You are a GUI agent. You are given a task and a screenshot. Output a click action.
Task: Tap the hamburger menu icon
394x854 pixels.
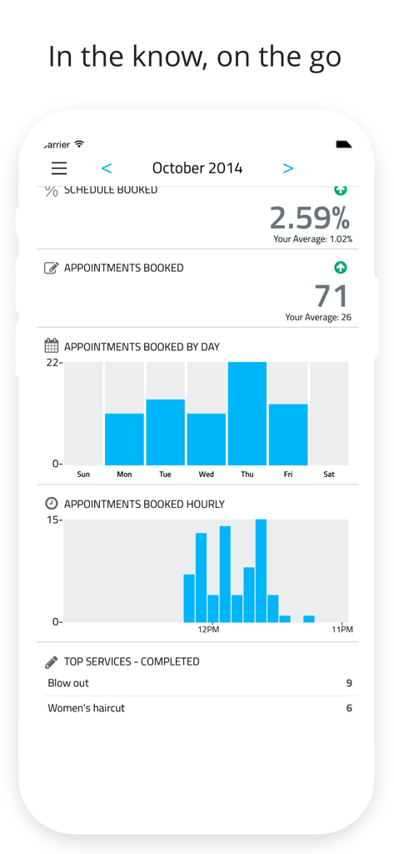click(59, 168)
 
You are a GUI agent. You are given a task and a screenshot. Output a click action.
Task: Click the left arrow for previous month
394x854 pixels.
click(107, 168)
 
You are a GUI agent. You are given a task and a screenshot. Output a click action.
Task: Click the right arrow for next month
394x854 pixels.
click(288, 168)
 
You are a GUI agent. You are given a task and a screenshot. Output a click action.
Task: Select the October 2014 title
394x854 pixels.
click(197, 168)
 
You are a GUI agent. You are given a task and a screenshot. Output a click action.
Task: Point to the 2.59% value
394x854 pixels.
click(309, 219)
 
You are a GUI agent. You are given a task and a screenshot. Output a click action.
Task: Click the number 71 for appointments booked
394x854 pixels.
click(332, 296)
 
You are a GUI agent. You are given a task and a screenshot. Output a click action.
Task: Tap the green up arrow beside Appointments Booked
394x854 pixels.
click(340, 268)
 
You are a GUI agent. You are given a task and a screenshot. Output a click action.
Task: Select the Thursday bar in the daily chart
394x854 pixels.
click(247, 413)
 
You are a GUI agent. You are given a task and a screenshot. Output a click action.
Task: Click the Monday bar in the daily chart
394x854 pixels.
click(124, 439)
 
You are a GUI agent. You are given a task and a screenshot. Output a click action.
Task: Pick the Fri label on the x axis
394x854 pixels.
click(287, 475)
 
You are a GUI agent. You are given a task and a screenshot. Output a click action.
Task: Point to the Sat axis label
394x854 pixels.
click(329, 475)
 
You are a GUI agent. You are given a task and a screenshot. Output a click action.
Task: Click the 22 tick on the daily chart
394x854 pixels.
click(53, 363)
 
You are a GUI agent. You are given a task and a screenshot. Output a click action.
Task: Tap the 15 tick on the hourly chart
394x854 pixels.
click(53, 520)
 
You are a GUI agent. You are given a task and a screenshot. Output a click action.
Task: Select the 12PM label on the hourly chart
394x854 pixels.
click(208, 630)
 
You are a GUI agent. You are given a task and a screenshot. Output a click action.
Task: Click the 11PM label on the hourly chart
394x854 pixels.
click(342, 630)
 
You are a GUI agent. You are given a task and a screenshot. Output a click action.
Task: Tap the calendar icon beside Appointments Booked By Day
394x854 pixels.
click(51, 346)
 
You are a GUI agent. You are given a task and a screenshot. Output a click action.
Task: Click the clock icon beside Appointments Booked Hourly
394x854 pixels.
click(51, 504)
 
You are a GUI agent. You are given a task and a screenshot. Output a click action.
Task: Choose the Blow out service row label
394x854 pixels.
click(68, 683)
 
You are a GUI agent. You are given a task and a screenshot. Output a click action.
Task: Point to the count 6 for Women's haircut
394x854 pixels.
click(349, 708)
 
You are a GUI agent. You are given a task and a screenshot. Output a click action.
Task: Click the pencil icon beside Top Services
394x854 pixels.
click(51, 661)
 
